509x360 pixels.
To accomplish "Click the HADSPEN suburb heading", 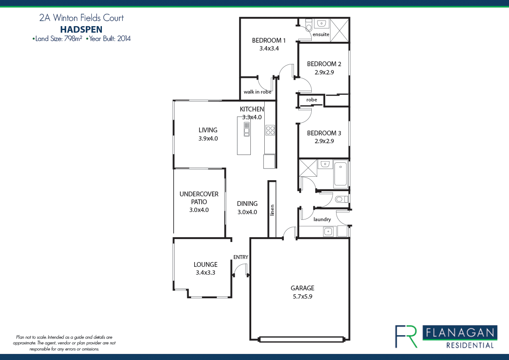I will tap(81, 29).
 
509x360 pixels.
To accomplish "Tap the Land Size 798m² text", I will tap(57, 39).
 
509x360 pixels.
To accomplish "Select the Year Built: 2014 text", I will tap(109, 39).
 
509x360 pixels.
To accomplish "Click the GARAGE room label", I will tap(302, 288).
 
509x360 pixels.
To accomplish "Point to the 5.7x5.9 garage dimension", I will tap(302, 296).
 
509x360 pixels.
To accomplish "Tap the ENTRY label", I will tap(240, 257).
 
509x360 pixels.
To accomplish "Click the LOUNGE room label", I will tap(206, 265).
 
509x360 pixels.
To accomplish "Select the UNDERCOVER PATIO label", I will tap(199, 198).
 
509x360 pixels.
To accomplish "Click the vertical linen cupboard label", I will tap(273, 210).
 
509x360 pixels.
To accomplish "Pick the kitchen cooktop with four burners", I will tap(270, 130).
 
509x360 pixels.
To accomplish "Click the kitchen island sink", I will tap(246, 129).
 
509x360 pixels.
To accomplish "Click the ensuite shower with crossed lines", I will tap(339, 30).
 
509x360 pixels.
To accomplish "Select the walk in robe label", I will tap(257, 92).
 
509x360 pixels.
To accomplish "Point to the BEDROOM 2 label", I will tap(324, 64).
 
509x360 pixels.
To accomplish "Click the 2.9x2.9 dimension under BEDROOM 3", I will tap(324, 141).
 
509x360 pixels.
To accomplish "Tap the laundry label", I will tap(322, 219).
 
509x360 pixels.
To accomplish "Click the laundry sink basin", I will tap(328, 231).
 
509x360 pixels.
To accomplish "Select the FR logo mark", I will tap(406, 336).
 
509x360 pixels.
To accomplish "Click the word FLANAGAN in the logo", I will tap(459, 333).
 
